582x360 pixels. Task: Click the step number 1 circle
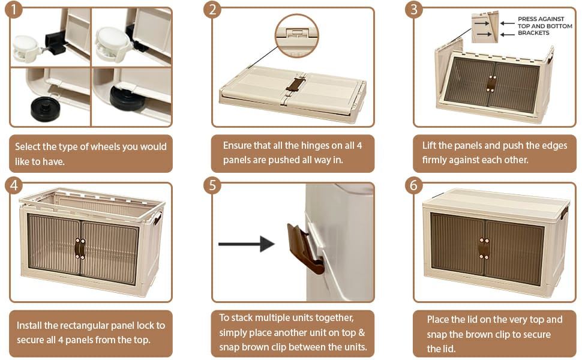pyautogui.click(x=13, y=9)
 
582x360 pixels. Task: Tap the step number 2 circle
pyautogui.click(x=212, y=9)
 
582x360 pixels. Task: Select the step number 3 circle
pyautogui.click(x=414, y=9)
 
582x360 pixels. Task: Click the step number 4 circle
pyautogui.click(x=13, y=185)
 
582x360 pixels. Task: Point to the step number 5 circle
pyautogui.click(x=212, y=185)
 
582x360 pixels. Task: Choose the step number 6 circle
pyautogui.click(x=414, y=185)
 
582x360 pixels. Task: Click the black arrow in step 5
pyautogui.click(x=247, y=244)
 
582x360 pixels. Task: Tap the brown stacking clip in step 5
pyautogui.click(x=305, y=248)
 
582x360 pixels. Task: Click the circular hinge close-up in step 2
pyautogui.click(x=296, y=36)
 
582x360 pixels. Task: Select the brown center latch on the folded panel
pyautogui.click(x=296, y=84)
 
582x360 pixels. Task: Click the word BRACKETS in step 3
pyautogui.click(x=533, y=32)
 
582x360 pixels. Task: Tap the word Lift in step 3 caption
pyautogui.click(x=429, y=145)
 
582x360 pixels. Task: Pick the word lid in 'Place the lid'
pyautogui.click(x=472, y=320)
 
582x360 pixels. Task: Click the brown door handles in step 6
pyautogui.click(x=484, y=248)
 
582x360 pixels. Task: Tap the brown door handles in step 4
pyautogui.click(x=80, y=248)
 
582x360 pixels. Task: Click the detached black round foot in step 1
pyautogui.click(x=46, y=109)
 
